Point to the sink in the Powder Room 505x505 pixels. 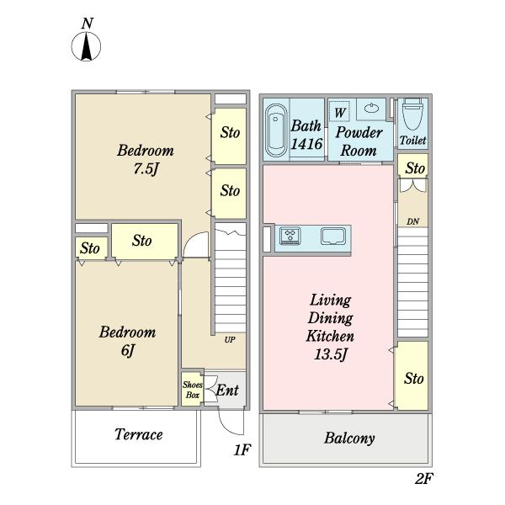[x=371, y=109]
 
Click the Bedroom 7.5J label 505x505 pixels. [x=145, y=159]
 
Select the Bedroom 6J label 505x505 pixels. [x=127, y=341]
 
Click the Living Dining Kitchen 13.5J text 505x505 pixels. [x=330, y=327]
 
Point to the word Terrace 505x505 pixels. [x=138, y=435]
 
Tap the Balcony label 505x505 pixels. [x=348, y=439]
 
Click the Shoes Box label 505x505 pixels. [x=192, y=389]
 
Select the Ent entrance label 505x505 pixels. [x=226, y=391]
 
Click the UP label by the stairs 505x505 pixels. [x=229, y=340]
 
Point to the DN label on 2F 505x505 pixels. [x=412, y=221]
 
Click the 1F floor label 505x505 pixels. [x=242, y=451]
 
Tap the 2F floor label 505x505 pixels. [x=423, y=479]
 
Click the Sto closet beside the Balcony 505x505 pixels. [x=413, y=379]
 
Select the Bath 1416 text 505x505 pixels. [x=306, y=135]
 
